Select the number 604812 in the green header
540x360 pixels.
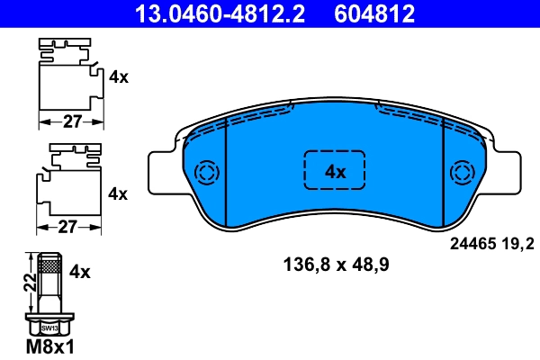point(375,13)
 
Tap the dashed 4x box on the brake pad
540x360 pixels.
point(336,171)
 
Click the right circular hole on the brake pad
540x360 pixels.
point(463,172)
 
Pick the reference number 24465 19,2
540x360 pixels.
point(491,242)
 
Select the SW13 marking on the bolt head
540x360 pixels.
point(49,329)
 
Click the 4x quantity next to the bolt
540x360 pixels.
point(81,271)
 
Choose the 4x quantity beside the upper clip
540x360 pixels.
point(118,77)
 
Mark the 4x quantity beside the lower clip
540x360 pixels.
point(118,193)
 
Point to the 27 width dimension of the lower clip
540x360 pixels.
point(67,228)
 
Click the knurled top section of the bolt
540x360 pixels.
point(49,265)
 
